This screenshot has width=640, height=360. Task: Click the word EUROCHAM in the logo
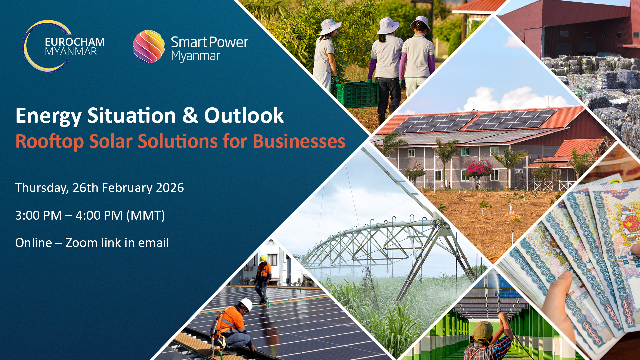[75, 42]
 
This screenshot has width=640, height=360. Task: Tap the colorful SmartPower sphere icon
[149, 46]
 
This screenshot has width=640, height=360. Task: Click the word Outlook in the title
[244, 116]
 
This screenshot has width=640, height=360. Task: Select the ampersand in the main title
[190, 115]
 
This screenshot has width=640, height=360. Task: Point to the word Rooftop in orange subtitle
[49, 142]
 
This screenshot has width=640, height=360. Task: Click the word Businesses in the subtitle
[299, 141]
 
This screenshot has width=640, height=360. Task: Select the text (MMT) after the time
[146, 216]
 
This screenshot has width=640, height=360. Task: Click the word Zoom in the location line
[81, 243]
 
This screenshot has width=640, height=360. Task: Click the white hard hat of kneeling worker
[246, 305]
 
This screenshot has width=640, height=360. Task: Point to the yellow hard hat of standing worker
[263, 258]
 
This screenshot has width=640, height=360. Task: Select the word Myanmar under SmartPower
[195, 56]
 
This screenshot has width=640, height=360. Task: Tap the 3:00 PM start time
[39, 216]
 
